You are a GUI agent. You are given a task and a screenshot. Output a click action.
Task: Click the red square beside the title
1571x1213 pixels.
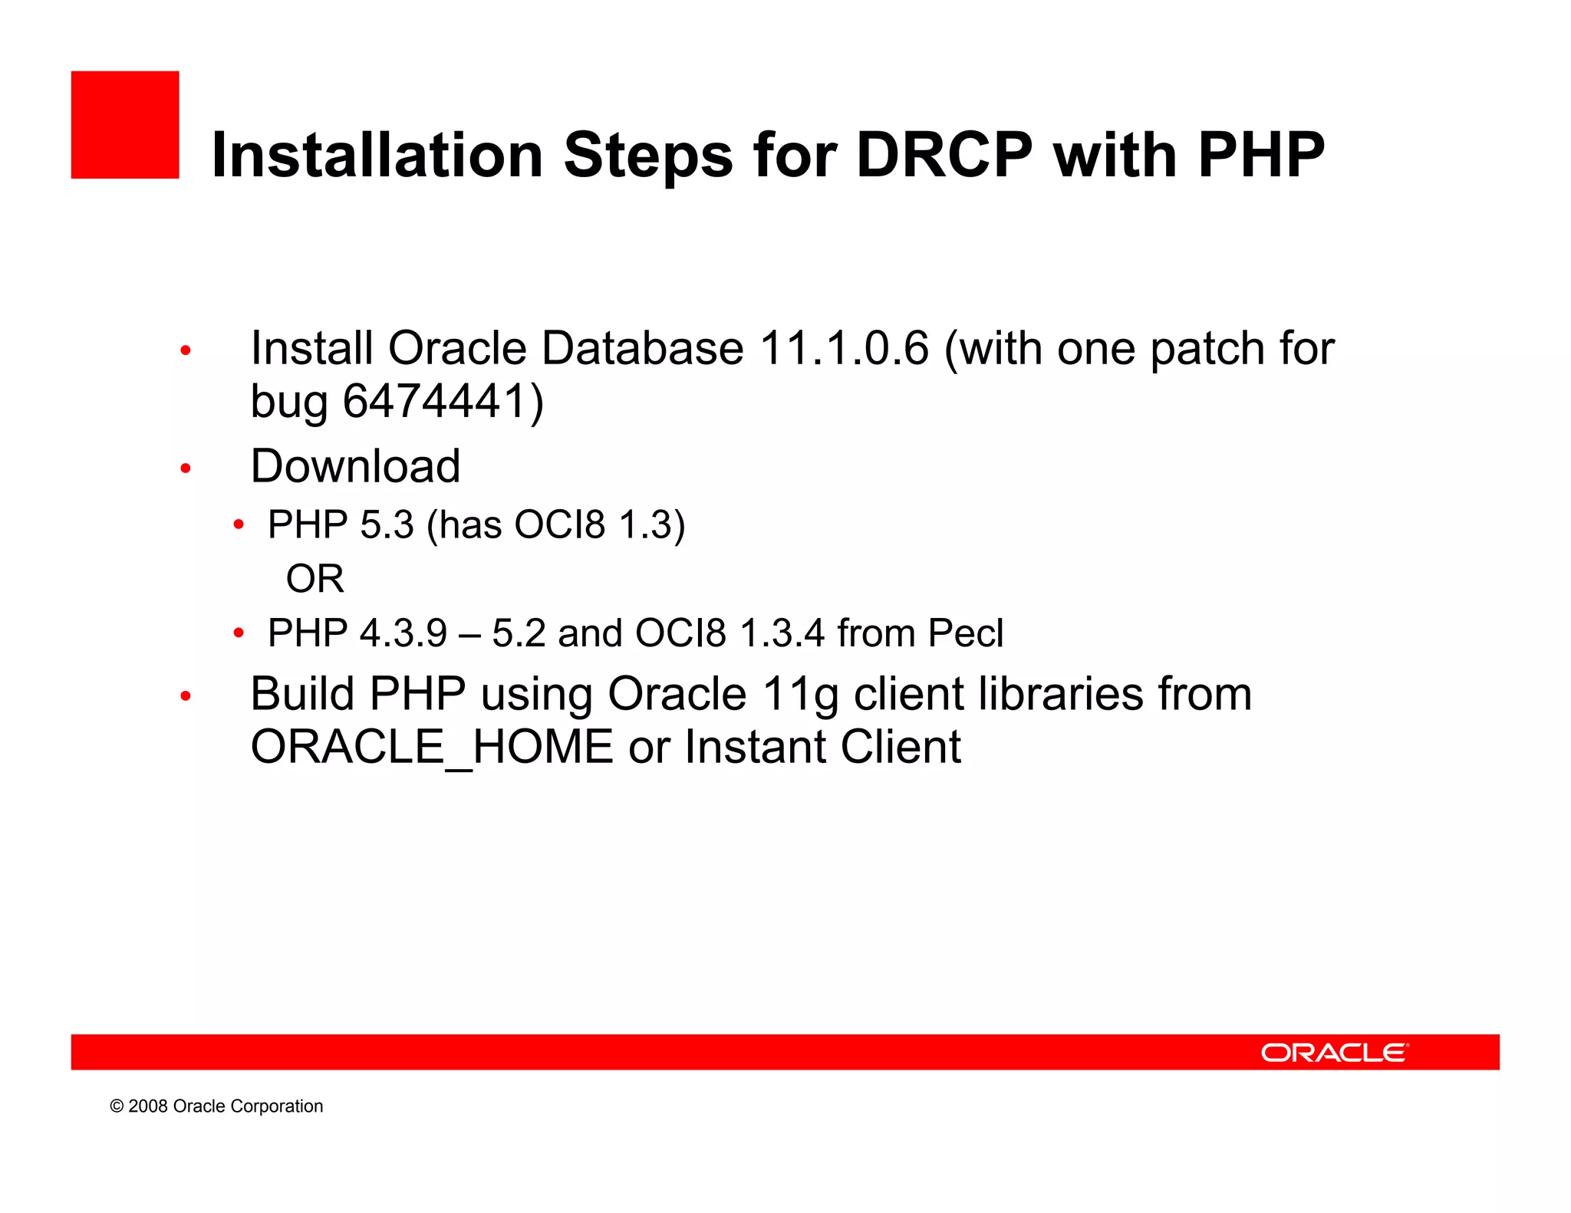click(x=125, y=125)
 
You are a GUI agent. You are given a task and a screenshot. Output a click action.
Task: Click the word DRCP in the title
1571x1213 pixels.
click(x=944, y=155)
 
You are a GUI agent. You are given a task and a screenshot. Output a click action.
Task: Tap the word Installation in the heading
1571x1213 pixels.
click(x=377, y=155)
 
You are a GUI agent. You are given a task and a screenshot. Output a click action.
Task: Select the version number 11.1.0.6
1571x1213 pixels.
click(x=844, y=348)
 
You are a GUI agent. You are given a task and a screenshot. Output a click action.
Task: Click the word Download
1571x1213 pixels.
click(x=355, y=465)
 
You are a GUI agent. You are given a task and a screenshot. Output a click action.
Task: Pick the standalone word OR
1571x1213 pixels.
click(x=315, y=578)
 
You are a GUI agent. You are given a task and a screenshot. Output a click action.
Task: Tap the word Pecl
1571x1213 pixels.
click(x=965, y=633)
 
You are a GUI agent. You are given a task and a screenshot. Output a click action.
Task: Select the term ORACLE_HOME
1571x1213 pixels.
click(x=432, y=747)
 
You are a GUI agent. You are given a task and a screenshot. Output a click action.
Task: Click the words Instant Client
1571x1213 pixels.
click(x=822, y=747)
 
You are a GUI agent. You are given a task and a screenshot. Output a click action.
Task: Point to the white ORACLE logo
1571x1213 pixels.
click(x=1334, y=1053)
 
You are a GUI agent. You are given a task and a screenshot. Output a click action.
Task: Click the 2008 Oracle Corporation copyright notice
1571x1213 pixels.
click(x=216, y=1106)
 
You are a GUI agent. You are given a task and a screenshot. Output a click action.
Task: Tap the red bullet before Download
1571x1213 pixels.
click(x=185, y=468)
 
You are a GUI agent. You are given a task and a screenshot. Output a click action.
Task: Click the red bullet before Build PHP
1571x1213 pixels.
click(x=185, y=696)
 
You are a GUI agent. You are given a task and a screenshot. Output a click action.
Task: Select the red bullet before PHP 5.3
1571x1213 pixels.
click(x=239, y=525)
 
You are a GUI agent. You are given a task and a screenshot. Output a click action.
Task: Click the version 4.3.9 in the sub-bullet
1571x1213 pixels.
click(x=403, y=633)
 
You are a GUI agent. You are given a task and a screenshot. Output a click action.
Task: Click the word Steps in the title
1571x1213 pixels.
click(x=648, y=155)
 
